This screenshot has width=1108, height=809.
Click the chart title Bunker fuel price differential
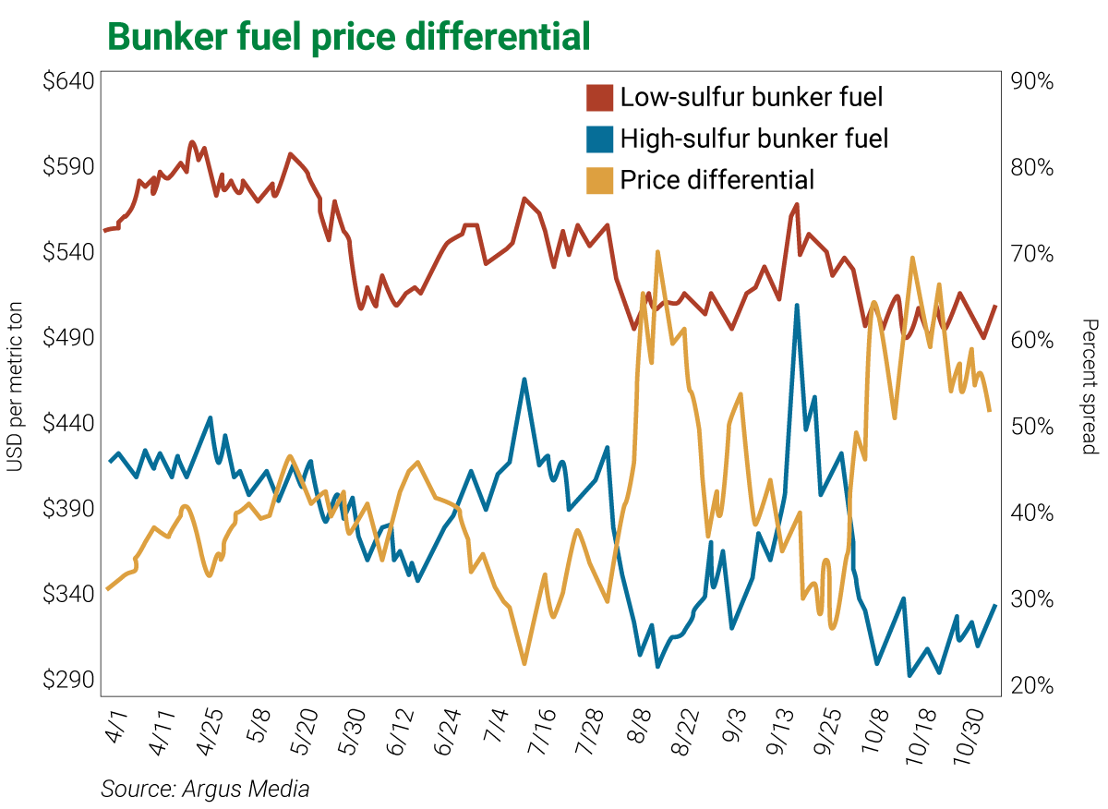tap(348, 37)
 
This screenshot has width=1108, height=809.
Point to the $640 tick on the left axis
tap(68, 81)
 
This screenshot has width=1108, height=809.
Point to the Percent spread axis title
tap(1090, 386)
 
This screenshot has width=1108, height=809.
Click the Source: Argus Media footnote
tap(205, 790)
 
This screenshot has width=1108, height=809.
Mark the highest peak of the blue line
tap(797, 305)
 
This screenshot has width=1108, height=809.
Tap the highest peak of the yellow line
tap(657, 251)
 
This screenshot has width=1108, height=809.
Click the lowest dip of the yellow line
tap(524, 663)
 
